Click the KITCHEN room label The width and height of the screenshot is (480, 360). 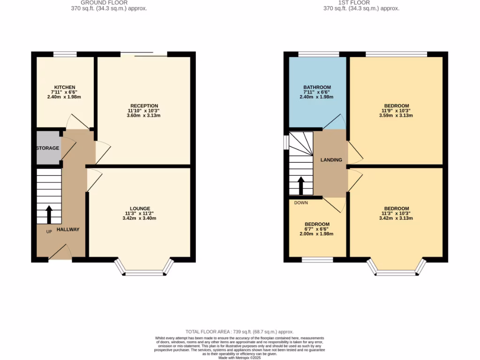pos(65,87)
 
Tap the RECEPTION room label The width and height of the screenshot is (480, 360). pos(144,106)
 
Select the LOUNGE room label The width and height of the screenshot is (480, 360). pos(140,209)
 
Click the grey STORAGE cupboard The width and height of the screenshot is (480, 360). pos(48,148)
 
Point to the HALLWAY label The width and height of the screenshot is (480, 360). pos(68,230)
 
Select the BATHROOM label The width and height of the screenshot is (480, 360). pos(317,87)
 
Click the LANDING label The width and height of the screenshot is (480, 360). pos(331,160)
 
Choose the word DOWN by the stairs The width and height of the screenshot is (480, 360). pos(301,203)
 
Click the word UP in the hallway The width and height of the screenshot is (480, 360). pos(49,232)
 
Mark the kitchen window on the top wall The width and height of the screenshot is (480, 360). pos(65,54)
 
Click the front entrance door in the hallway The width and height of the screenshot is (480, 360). pos(60,252)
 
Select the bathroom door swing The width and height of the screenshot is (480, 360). pos(335,122)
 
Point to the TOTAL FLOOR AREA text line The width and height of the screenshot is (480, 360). pos(240,331)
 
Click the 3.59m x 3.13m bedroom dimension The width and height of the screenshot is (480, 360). pos(397,115)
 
